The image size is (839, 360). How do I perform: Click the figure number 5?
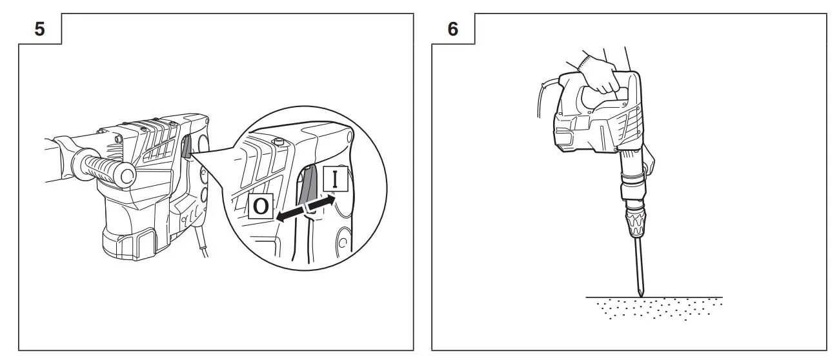(x=39, y=29)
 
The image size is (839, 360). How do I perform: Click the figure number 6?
(x=453, y=29)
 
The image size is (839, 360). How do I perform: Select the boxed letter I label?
(x=335, y=178)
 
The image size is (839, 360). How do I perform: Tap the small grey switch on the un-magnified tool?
(x=187, y=148)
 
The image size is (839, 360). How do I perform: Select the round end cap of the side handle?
(x=126, y=174)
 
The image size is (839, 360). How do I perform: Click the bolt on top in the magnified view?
(x=278, y=141)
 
